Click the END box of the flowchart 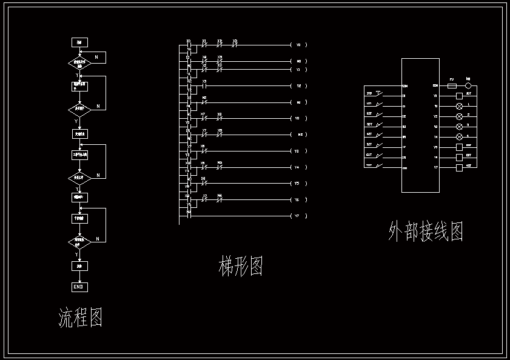click(79, 287)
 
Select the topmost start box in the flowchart click(79, 42)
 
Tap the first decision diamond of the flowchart click(79, 63)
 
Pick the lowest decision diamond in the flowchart click(79, 242)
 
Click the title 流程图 click(80, 317)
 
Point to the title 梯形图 click(240, 266)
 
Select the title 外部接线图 click(426, 232)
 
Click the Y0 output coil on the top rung click(298, 45)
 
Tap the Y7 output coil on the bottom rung click(298, 216)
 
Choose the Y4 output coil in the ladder click(298, 167)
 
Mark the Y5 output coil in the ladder click(298, 183)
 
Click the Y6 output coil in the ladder click(298, 199)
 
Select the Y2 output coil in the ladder click(298, 85)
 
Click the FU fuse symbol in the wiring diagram click(452, 86)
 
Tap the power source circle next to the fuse click(468, 86)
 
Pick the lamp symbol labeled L click(459, 105)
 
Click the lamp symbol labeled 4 click(459, 137)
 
